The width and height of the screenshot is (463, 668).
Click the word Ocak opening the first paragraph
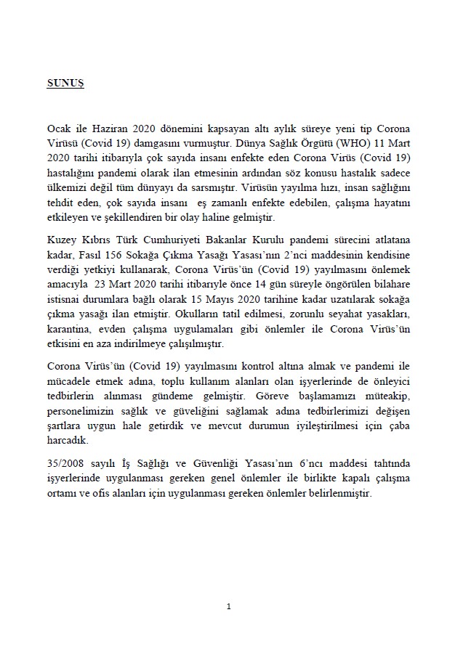57,127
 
